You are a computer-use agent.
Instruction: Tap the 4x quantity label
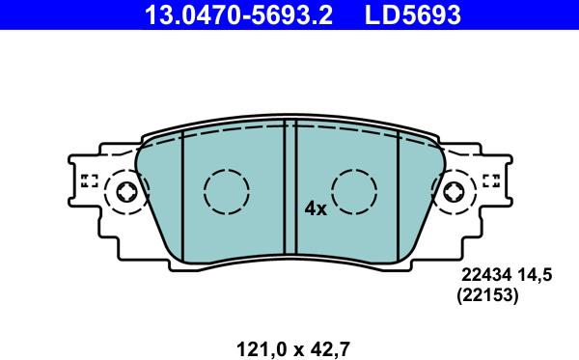pos(316,208)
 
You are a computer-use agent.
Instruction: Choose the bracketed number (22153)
pos(487,298)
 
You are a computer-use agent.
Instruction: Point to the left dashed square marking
pos(90,180)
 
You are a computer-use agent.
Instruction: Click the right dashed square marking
pos(490,180)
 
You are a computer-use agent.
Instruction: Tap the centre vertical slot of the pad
pos(289,188)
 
